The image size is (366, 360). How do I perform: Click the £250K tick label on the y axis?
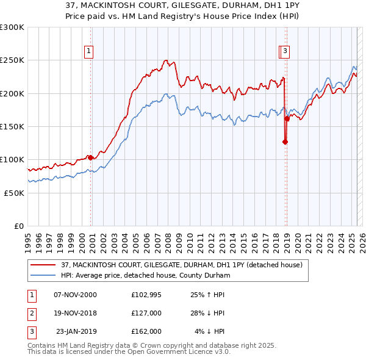(x=12, y=60)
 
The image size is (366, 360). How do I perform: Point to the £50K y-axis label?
(x=14, y=193)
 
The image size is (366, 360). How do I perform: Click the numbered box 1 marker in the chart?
(x=90, y=52)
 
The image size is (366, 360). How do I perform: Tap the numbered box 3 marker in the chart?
(x=286, y=52)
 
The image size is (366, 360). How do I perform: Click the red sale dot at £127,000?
(x=285, y=142)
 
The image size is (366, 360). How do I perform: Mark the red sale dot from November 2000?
(x=90, y=157)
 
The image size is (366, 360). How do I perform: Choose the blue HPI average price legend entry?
(x=145, y=276)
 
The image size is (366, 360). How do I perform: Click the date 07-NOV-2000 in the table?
(x=76, y=295)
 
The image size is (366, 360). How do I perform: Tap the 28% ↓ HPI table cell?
(x=207, y=313)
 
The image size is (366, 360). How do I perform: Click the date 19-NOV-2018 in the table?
(x=76, y=313)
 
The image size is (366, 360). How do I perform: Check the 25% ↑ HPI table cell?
(x=207, y=295)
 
